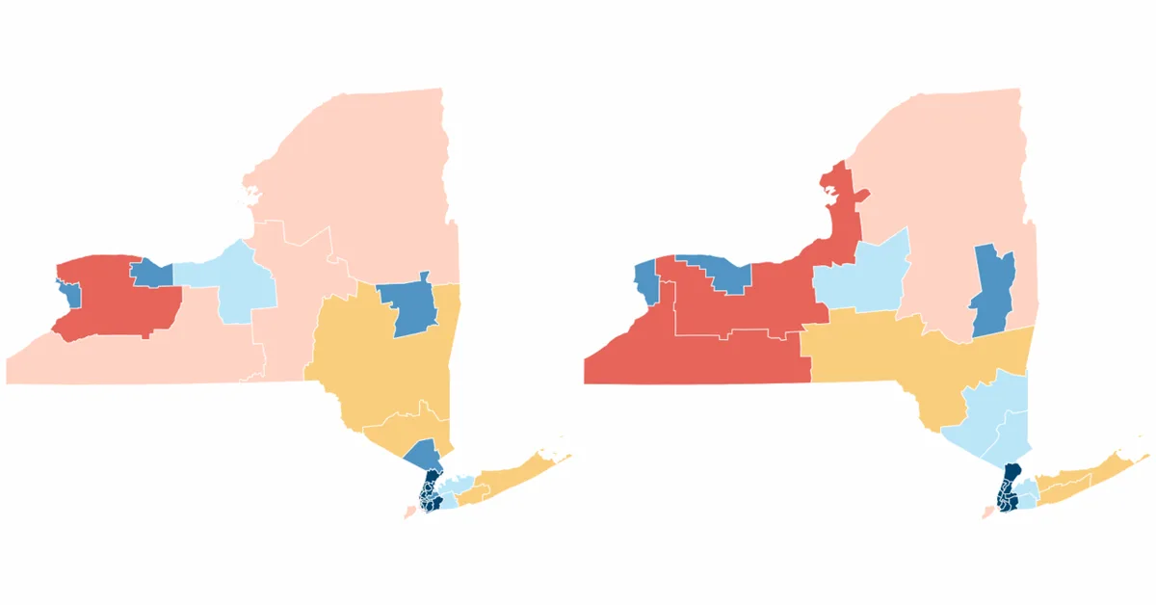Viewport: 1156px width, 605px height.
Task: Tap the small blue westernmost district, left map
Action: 68,289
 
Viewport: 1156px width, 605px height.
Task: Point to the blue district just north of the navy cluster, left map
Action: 423,454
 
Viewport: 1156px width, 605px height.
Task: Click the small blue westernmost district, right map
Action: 644,279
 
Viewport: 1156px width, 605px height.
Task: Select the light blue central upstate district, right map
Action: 862,275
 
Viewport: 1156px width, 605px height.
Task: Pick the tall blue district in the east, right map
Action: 992,289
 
